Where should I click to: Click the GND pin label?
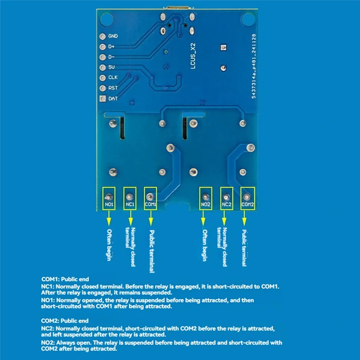coord(112,36)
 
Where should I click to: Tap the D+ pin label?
coord(112,47)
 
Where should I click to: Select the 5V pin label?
coord(111,67)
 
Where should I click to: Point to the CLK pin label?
coord(112,78)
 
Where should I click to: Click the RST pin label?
coord(112,88)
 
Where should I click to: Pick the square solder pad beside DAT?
coord(102,99)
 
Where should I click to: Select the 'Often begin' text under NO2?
coord(205,246)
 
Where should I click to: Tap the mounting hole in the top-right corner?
coord(247,19)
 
